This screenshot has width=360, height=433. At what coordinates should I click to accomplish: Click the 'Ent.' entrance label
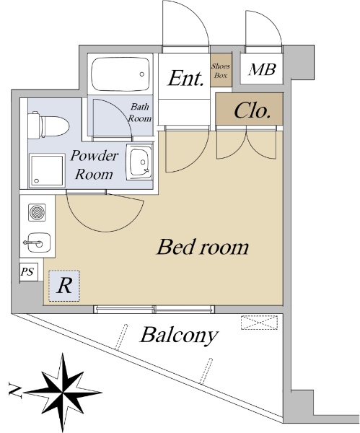coord(185,79)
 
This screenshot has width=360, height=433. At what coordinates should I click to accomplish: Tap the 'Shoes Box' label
coord(221,71)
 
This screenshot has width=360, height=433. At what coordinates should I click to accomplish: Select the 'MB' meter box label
coord(262,69)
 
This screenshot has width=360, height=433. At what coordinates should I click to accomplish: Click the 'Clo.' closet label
coord(252,110)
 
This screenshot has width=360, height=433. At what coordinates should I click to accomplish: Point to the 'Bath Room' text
coord(140,113)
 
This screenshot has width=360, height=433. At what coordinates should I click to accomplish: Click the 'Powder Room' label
coord(94,165)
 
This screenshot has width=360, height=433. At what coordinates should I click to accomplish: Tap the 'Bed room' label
coord(203,247)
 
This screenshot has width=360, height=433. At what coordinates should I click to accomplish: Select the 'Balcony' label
coord(179,336)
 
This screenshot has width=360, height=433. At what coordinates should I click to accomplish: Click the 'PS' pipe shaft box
coord(28,272)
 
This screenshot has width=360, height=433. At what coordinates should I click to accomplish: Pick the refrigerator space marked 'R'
coord(64,286)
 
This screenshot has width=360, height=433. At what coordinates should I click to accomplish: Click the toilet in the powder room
coord(48,126)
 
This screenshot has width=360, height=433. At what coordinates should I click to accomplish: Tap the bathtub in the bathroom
coord(120,74)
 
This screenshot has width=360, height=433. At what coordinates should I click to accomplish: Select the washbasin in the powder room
coord(140,162)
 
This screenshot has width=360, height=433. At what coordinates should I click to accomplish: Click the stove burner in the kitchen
coord(38,212)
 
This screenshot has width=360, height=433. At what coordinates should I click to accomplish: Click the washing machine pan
coord(47,171)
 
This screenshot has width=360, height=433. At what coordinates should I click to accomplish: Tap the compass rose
coord(63,392)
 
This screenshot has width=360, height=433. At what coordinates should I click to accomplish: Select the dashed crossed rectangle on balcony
coord(259,323)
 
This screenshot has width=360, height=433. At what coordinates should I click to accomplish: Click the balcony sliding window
coord(154,309)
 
